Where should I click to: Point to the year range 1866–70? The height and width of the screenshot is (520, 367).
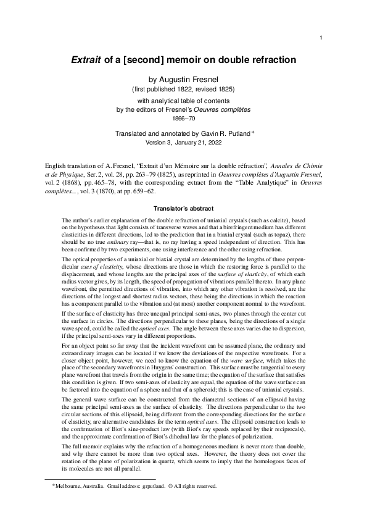pos(183,118)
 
